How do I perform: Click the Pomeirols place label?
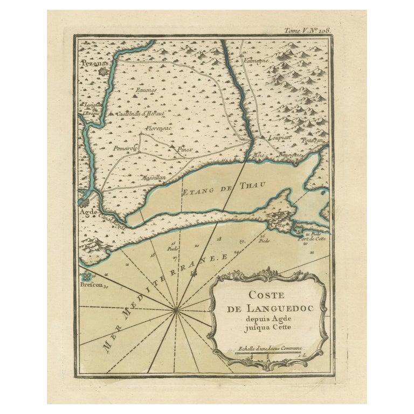(x=125, y=148)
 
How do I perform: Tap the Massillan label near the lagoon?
(x=153, y=177)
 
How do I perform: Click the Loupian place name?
(x=280, y=137)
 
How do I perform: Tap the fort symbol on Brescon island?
(x=88, y=278)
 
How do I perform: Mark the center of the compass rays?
(x=176, y=309)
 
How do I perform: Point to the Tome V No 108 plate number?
(x=307, y=30)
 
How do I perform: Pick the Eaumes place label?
(x=146, y=90)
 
